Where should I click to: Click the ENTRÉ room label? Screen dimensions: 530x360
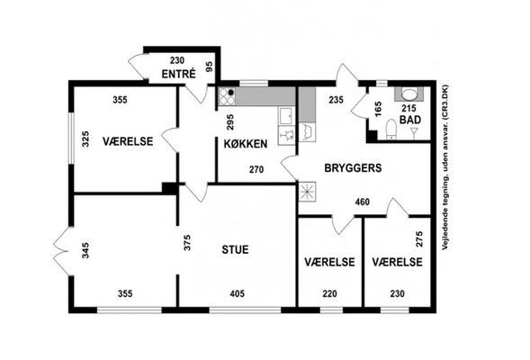pos(178,74)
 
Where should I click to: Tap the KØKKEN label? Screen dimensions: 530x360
pos(246,144)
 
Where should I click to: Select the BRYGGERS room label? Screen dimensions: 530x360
pos(353,168)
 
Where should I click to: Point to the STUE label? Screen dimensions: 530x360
pos(235,249)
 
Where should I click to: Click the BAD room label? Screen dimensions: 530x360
pos(410,120)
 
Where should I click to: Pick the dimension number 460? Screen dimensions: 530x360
pos(363,202)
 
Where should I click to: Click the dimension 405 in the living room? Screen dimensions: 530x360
pos(237,293)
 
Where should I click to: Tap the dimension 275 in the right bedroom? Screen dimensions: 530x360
pos(419,239)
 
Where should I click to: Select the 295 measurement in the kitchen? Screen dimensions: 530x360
pos(230,122)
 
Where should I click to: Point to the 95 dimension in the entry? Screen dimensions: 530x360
pos(210,67)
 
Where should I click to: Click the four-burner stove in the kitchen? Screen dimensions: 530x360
pos(227,96)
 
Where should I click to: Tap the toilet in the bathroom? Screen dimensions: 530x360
pos(391,129)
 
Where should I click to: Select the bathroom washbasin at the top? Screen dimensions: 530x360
pos(409,94)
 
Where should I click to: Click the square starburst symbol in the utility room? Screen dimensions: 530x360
pos(307,192)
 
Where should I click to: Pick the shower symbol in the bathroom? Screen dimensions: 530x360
pos(413,133)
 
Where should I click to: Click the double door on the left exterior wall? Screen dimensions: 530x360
pos(63,250)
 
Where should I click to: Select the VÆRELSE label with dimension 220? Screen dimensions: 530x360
pos(329,262)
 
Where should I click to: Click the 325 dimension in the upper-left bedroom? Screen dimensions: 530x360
pos(85,139)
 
